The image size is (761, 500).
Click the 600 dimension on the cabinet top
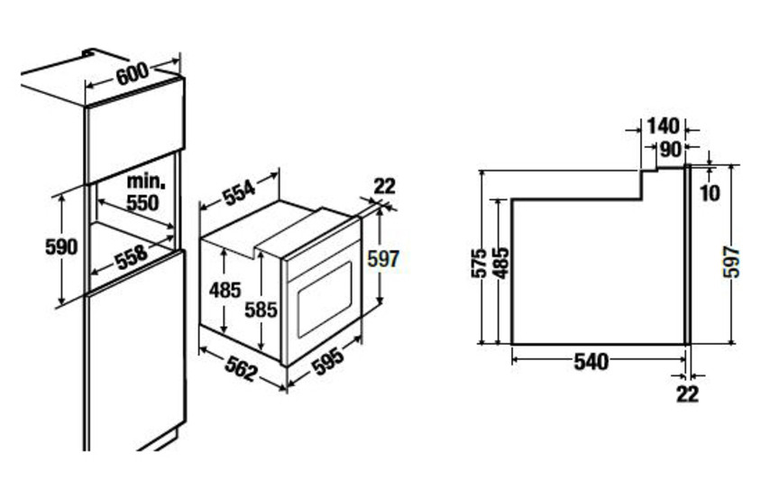(133, 73)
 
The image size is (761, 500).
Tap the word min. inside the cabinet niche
(146, 181)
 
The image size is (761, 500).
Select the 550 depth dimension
(142, 203)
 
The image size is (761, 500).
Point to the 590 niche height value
(61, 247)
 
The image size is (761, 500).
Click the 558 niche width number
(131, 257)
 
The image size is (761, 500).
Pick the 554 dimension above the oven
(239, 191)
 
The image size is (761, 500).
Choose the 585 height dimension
(261, 310)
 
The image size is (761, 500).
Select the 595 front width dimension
(327, 361)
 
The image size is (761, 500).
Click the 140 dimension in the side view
(664, 126)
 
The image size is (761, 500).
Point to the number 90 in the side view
(670, 150)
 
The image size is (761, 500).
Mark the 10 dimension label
(710, 193)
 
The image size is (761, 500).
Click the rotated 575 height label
(479, 263)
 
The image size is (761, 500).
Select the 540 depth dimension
(591, 362)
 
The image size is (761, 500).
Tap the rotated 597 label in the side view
(731, 262)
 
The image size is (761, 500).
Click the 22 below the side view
(688, 394)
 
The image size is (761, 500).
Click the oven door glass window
(325, 300)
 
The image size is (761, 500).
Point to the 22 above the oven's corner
(385, 186)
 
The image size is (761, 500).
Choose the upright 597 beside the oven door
(383, 258)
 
